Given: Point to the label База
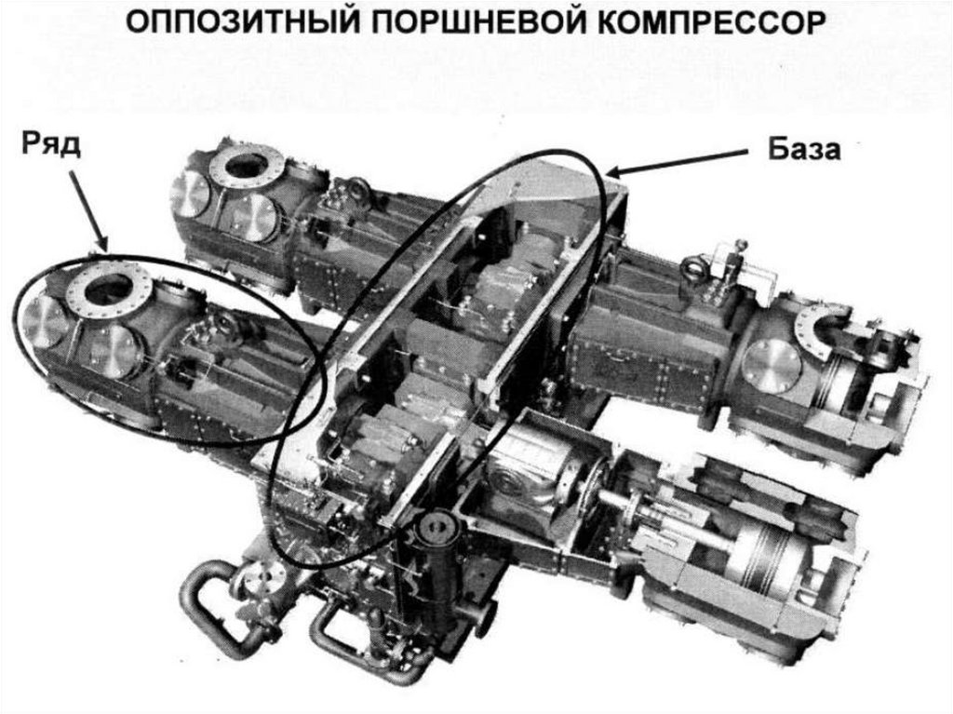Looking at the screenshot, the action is tap(804, 148).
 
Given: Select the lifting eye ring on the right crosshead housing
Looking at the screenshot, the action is tap(692, 270).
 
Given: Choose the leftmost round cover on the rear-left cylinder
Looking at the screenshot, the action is tap(192, 193).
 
